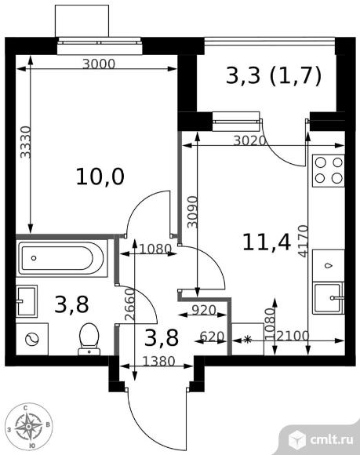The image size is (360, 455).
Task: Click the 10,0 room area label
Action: pyautogui.click(x=100, y=177)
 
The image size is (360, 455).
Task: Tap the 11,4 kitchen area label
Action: pyautogui.click(x=267, y=242)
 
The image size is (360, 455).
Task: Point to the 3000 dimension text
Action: pyautogui.click(x=99, y=64)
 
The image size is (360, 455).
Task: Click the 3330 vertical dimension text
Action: pyautogui.click(x=25, y=142)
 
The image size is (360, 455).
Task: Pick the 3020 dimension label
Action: pyautogui.click(x=249, y=140)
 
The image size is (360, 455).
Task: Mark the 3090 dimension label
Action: pyautogui.click(x=192, y=212)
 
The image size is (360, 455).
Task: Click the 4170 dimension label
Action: pyautogui.click(x=303, y=241)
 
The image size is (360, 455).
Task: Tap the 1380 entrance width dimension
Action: pyautogui.click(x=159, y=362)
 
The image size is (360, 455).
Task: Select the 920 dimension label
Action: pyautogui.click(x=204, y=310)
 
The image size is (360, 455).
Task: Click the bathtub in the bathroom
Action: pyautogui.click(x=62, y=258)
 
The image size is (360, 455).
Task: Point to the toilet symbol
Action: pyautogui.click(x=89, y=339)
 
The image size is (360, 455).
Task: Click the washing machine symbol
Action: pyautogui.click(x=32, y=339)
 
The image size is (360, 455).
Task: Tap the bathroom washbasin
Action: pyautogui.click(x=27, y=301)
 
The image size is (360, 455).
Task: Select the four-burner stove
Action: pyautogui.click(x=329, y=171)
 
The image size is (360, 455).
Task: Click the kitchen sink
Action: pyautogui.click(x=329, y=298)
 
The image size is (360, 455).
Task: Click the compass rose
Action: pyautogui.click(x=29, y=426)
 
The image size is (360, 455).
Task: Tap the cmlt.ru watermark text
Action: pyautogui.click(x=332, y=439)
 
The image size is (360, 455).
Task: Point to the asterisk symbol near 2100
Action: pyautogui.click(x=247, y=340)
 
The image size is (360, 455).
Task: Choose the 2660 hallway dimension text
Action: pyautogui.click(x=129, y=304)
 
